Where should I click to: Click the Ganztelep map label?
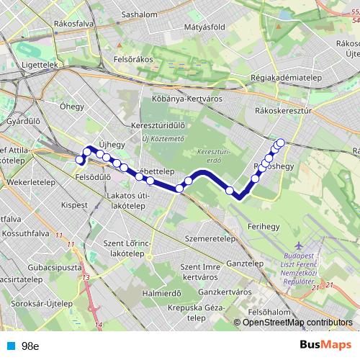click(244, 264)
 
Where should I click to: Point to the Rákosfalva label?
click(73, 23)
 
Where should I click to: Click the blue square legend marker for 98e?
click(9, 346)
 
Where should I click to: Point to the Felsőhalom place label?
click(269, 312)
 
